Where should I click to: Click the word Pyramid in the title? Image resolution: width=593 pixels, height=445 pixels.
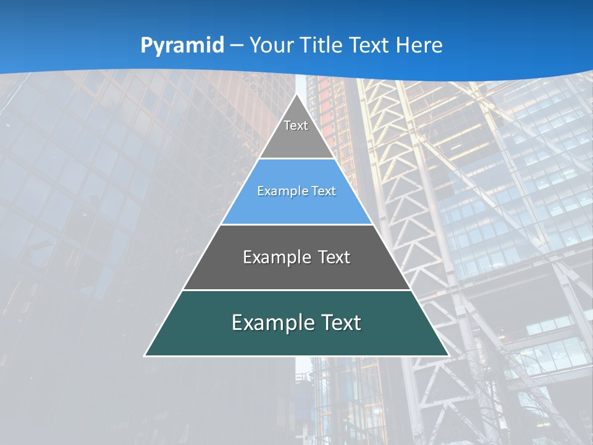tap(182, 46)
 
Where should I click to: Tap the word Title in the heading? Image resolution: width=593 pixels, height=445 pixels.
tap(324, 45)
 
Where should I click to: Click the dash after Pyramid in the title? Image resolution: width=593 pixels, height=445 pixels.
tap(237, 46)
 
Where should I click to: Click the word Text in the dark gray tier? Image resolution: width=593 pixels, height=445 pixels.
tap(334, 257)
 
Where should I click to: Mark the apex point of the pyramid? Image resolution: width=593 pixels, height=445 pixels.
tap(296, 94)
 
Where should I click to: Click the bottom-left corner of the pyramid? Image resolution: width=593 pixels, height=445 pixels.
tap(145, 355)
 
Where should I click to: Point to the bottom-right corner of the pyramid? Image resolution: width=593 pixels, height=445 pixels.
tap(448, 355)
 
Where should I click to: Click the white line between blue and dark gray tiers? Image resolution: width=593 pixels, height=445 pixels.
tap(296, 224)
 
